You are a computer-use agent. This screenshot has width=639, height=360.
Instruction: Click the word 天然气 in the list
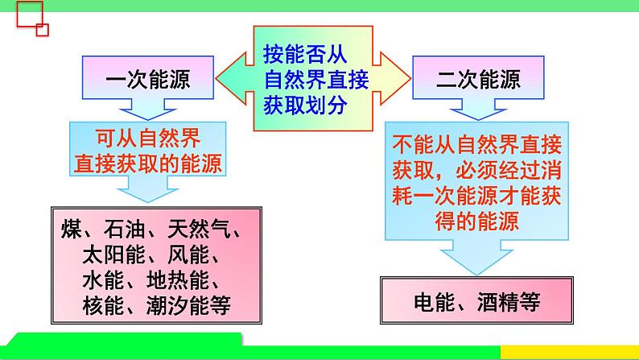(201, 230)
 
